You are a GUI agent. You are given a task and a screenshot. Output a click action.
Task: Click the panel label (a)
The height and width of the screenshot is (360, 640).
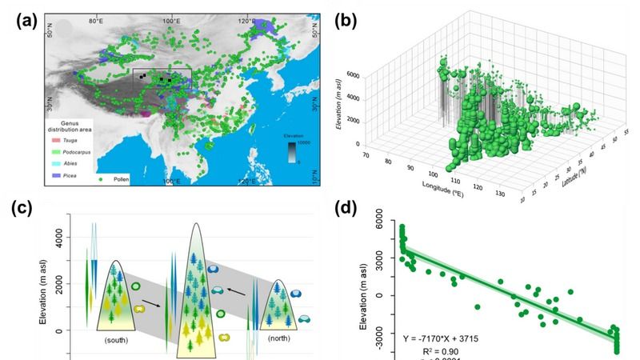pyautogui.click(x=26, y=22)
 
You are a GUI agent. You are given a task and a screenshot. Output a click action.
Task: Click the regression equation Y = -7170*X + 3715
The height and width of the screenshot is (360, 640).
pyautogui.click(x=458, y=338)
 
